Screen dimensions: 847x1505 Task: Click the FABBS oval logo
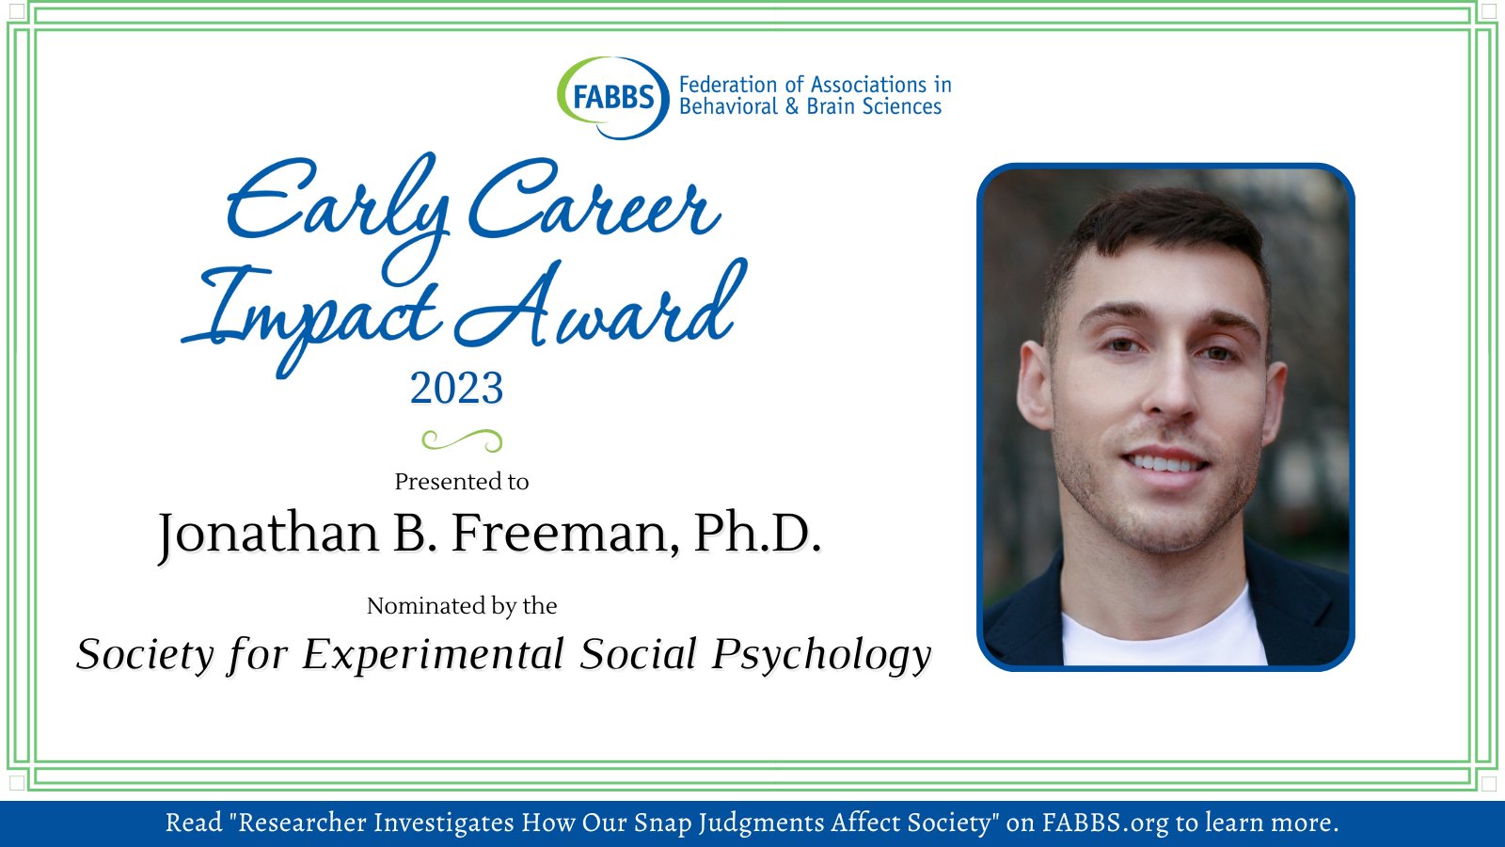[x=612, y=97]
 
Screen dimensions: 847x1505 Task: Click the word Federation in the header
[x=727, y=85]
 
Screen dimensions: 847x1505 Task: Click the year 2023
[x=456, y=388]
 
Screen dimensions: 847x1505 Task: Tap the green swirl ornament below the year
[x=461, y=439]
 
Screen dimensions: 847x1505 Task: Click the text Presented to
[x=461, y=482]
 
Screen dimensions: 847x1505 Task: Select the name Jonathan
[x=268, y=534]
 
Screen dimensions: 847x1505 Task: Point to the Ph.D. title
[x=757, y=534]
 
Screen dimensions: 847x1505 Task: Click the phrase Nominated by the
[x=461, y=606]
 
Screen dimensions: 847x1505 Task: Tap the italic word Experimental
[x=433, y=655]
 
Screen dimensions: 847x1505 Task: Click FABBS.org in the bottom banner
[x=1105, y=823]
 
